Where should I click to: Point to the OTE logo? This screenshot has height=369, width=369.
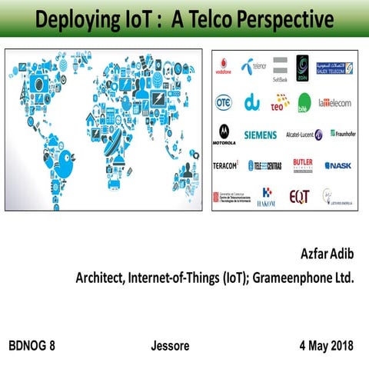tap(224, 101)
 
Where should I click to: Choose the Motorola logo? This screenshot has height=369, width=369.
tap(224, 134)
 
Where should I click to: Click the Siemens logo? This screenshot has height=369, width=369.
tap(260, 135)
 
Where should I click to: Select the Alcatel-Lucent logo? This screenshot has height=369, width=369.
tap(304, 134)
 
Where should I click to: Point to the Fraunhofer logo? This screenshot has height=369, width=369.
tap(342, 133)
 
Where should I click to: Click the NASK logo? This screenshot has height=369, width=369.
tap(338, 165)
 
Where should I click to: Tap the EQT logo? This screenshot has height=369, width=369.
tap(299, 196)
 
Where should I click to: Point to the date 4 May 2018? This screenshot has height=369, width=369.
tap(326, 345)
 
